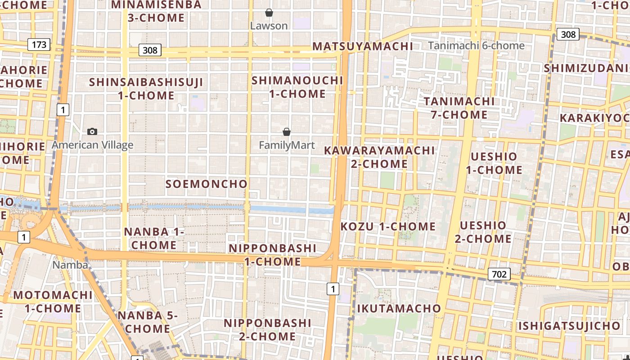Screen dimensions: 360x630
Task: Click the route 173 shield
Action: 39,45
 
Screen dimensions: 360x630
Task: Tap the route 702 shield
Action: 499,274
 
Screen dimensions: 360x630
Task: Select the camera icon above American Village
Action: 92,131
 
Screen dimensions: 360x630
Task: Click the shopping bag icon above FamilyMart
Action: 287,132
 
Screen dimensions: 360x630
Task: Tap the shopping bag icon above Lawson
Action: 269,13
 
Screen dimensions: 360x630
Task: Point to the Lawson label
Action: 269,26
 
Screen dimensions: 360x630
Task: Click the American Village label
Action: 92,145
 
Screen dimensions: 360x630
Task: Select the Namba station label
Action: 70,265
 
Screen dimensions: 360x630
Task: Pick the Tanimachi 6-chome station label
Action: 476,45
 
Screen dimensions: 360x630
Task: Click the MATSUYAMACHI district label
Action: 363,46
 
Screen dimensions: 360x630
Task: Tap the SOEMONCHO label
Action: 207,184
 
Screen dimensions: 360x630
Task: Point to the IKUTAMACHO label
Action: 399,308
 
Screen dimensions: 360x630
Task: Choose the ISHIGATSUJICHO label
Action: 569,326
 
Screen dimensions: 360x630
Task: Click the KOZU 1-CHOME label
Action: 388,226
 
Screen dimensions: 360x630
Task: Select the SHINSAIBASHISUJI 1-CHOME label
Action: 146,89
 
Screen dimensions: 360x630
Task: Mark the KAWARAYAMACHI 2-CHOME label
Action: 379,157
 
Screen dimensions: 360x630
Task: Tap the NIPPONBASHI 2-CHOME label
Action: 267,329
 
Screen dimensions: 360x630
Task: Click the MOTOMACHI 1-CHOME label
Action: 53,302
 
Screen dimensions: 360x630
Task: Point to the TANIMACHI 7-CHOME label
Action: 459,108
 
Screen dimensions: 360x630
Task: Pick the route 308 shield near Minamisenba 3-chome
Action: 150,50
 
